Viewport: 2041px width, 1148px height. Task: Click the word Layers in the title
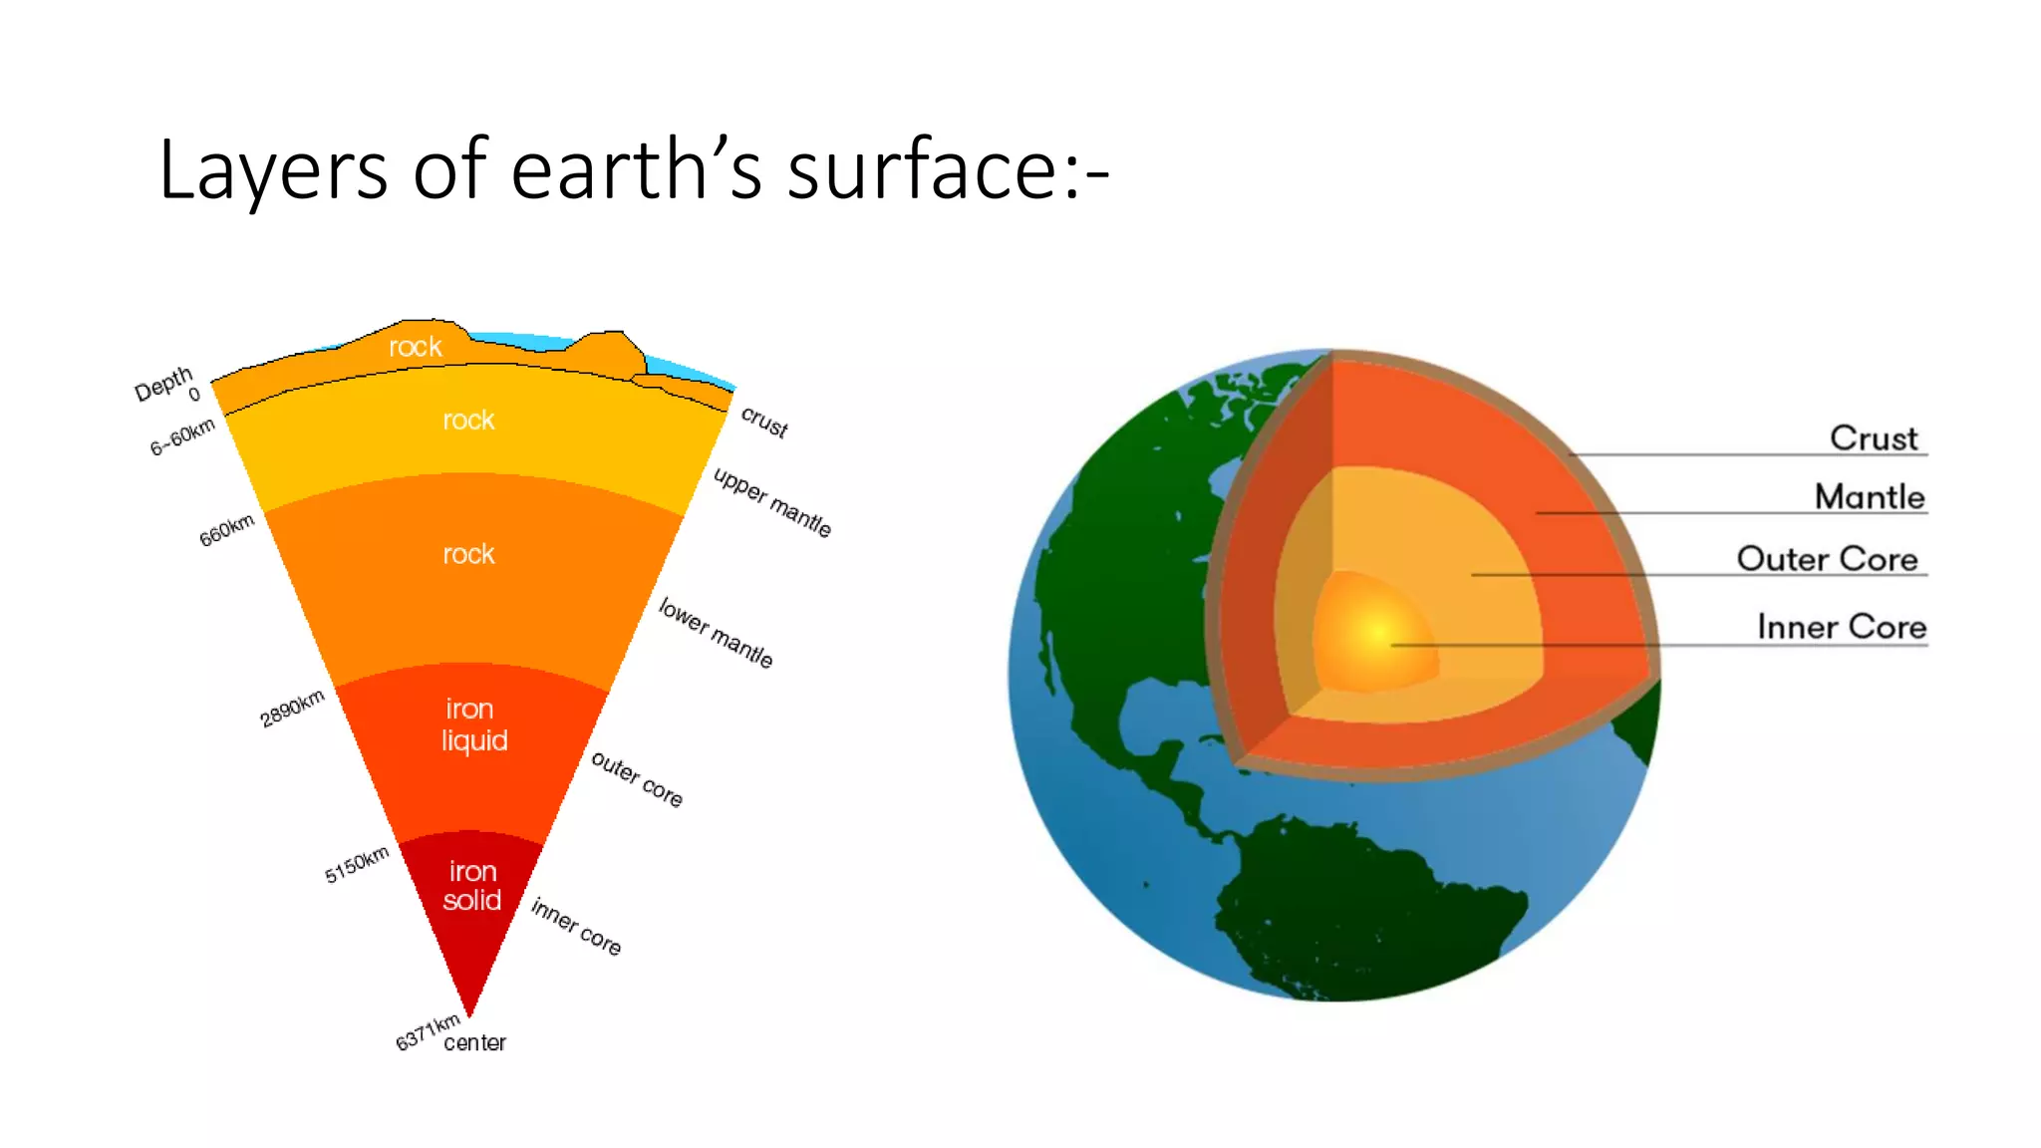coord(272,169)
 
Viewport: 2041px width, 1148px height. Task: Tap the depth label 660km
coord(227,530)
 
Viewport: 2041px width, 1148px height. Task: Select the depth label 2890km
coord(292,708)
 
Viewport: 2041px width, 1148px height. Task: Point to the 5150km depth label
coord(356,864)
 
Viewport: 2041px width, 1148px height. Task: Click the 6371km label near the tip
coord(427,1031)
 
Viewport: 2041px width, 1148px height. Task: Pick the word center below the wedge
coord(474,1042)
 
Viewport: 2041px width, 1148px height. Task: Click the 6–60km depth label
coord(182,436)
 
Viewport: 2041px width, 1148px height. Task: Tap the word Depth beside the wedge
coord(163,383)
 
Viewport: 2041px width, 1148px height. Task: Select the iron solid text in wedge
coord(471,886)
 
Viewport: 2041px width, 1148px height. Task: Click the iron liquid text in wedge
coord(473,724)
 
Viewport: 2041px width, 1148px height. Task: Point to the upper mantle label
coord(772,501)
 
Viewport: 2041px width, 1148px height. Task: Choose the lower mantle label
coord(716,633)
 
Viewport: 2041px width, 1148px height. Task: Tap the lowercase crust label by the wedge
coord(764,422)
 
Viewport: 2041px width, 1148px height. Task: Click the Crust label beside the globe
coord(1873,437)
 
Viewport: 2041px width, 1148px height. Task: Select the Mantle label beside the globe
coord(1869,496)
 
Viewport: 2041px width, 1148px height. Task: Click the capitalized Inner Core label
coord(1841,626)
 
